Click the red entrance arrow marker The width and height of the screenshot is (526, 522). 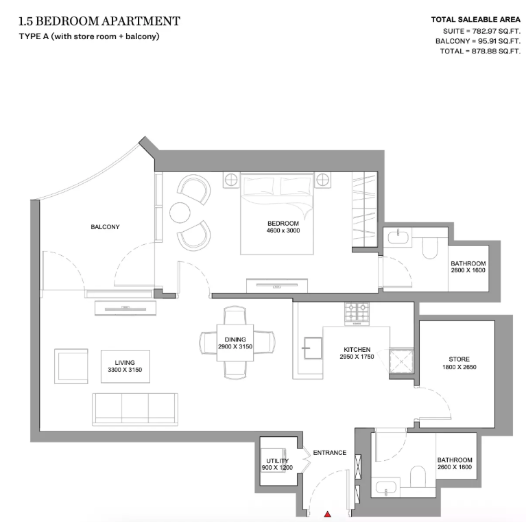click(328, 513)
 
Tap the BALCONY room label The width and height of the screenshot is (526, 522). click(105, 227)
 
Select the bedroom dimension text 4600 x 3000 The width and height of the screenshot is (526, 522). click(283, 230)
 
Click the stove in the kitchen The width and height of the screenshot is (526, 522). click(356, 313)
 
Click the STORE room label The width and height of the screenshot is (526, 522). click(459, 359)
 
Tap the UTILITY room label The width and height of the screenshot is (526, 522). click(276, 461)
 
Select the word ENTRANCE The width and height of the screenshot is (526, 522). click(329, 453)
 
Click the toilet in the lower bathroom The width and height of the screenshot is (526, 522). click(417, 475)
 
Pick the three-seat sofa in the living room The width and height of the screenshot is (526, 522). click(135, 409)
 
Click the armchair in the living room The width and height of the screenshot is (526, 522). click(72, 366)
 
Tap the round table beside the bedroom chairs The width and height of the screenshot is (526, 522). click(181, 212)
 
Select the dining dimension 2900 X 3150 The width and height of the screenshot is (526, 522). click(235, 347)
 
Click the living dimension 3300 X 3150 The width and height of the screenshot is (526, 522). click(125, 370)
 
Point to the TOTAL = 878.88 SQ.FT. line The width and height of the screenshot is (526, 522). click(477, 51)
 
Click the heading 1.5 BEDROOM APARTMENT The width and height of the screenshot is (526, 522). click(100, 21)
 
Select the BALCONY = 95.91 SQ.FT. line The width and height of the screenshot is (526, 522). click(477, 41)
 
